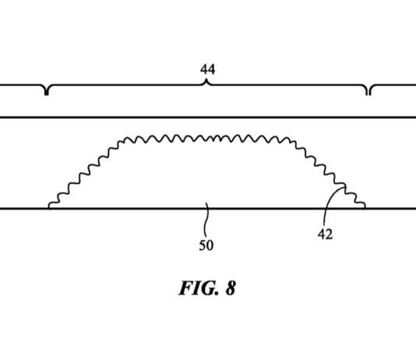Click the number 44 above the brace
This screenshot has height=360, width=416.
(207, 69)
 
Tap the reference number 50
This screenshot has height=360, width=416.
(206, 245)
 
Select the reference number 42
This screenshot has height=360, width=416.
(325, 235)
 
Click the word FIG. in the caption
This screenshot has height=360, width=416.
(199, 288)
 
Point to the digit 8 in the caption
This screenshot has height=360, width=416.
(231, 288)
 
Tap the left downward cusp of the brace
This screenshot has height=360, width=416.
(47, 94)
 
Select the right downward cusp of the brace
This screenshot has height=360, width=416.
(368, 94)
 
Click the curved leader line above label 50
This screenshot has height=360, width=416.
(206, 220)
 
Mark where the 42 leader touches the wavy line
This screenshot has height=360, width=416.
(345, 187)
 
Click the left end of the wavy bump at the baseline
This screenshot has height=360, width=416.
(49, 207)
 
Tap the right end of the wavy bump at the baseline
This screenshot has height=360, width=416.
(365, 207)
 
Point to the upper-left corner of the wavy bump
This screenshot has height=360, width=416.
(125, 139)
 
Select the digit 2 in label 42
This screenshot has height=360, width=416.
(329, 235)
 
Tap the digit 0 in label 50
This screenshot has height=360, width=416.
(210, 245)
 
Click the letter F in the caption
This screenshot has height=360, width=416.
(185, 288)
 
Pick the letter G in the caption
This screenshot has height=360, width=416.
(209, 288)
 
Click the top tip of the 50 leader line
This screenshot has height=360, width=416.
(206, 203)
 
